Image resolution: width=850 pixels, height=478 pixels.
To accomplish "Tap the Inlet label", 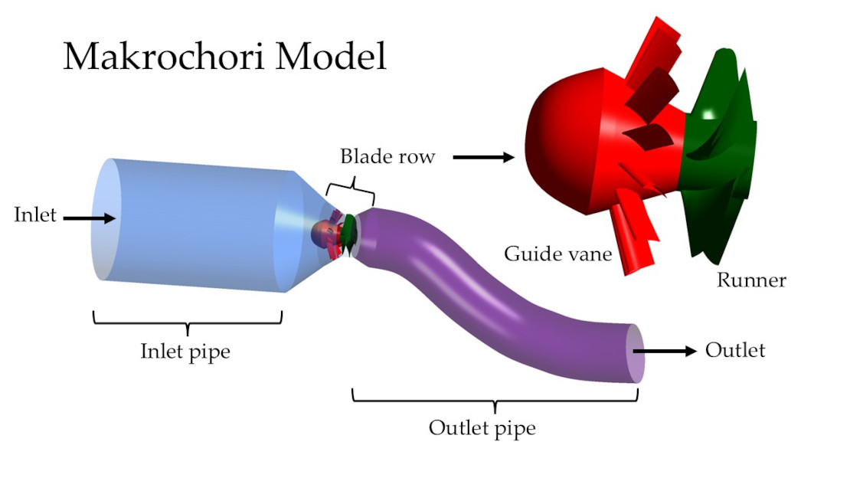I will coord(35,214).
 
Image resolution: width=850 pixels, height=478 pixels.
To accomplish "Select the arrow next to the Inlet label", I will coord(89,218).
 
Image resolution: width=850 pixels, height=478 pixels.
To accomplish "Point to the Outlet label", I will coord(735,350).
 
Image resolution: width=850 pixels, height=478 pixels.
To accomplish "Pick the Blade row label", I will coord(387,157).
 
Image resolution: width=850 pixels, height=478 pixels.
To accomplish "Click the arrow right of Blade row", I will coord(482,158).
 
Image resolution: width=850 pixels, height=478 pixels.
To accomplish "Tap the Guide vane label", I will coord(558,253).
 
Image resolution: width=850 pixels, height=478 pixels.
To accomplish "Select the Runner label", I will coord(751,280).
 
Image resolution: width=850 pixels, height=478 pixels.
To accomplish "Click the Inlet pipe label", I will coord(185,352).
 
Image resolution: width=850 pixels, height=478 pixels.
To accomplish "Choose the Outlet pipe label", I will coord(482,427).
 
